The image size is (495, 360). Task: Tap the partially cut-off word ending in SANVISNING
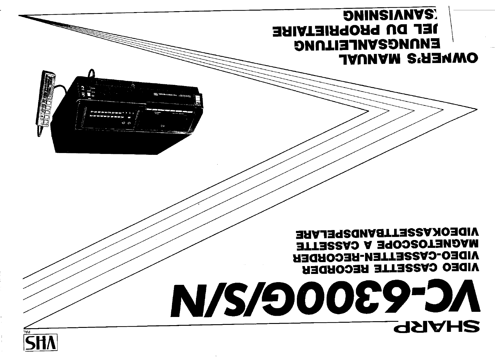(x=391, y=17)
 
